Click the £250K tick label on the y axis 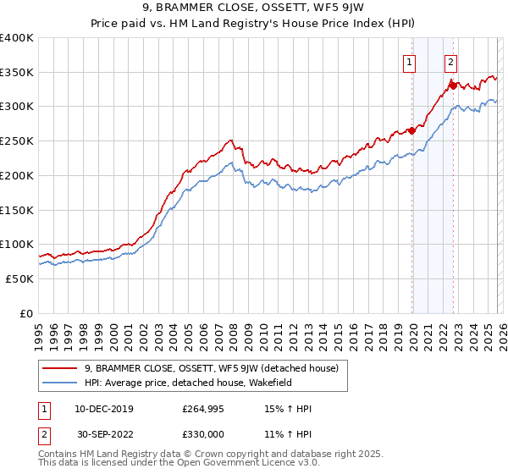pos(17,141)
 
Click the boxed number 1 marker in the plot pos(410,62)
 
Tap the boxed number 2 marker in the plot pos(450,62)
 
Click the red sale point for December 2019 pos(411,130)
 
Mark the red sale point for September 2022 pos(453,85)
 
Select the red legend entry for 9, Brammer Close pos(212,368)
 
